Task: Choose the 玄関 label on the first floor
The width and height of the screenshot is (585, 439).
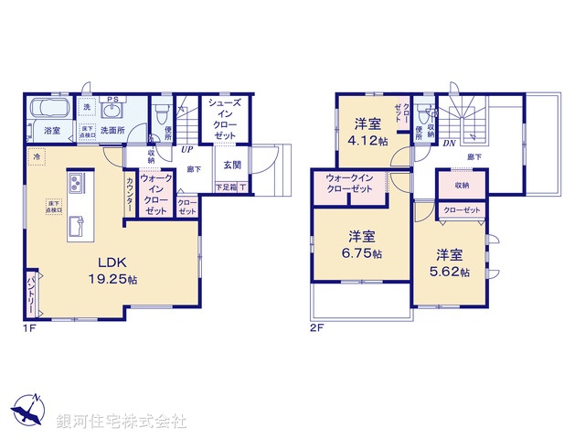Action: [232, 166]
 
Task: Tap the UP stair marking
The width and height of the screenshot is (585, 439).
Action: [186, 147]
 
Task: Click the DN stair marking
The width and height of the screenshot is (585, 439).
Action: [449, 143]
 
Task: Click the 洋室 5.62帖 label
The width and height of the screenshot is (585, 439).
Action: [452, 263]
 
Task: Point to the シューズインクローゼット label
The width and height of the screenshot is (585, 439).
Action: [224, 119]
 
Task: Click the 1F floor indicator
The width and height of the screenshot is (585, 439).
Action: [30, 327]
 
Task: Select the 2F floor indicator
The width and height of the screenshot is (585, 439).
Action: [316, 327]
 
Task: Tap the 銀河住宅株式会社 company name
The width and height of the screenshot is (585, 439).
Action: [121, 422]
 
